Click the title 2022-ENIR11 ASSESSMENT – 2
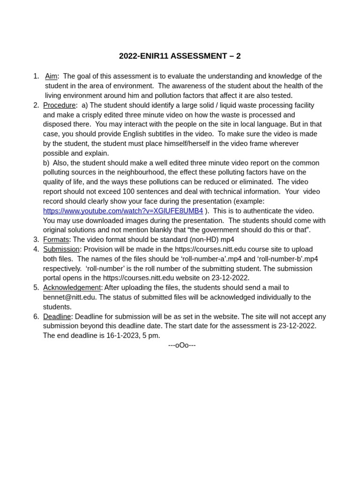(x=180, y=56)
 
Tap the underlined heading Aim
(x=51, y=76)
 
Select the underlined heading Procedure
(x=59, y=105)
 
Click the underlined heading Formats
(x=56, y=240)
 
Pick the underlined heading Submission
(x=61, y=249)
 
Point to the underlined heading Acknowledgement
(x=72, y=288)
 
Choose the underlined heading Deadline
(x=57, y=317)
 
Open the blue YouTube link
(x=123, y=211)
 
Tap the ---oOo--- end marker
(x=182, y=345)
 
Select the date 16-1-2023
(x=123, y=336)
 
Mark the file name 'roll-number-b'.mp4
(x=287, y=259)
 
